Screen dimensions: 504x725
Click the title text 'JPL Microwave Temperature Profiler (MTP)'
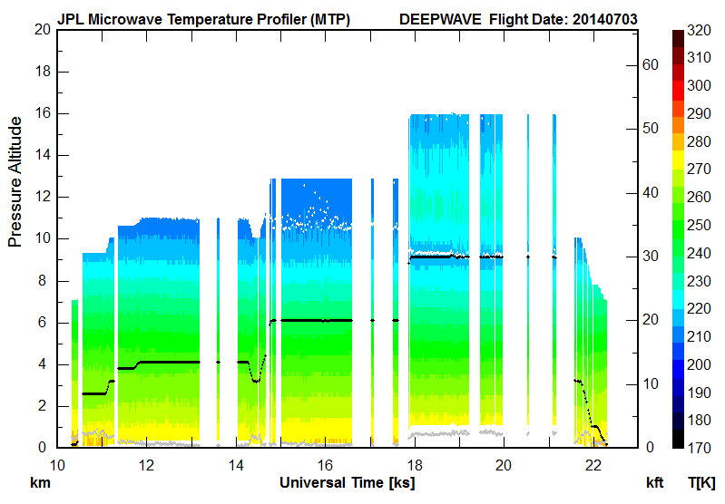coord(203,18)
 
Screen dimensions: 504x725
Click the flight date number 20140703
coord(604,18)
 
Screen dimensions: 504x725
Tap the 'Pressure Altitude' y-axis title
coord(15,181)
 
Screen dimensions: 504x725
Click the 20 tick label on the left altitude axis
coord(41,30)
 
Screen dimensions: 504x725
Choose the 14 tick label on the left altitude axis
coord(41,155)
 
